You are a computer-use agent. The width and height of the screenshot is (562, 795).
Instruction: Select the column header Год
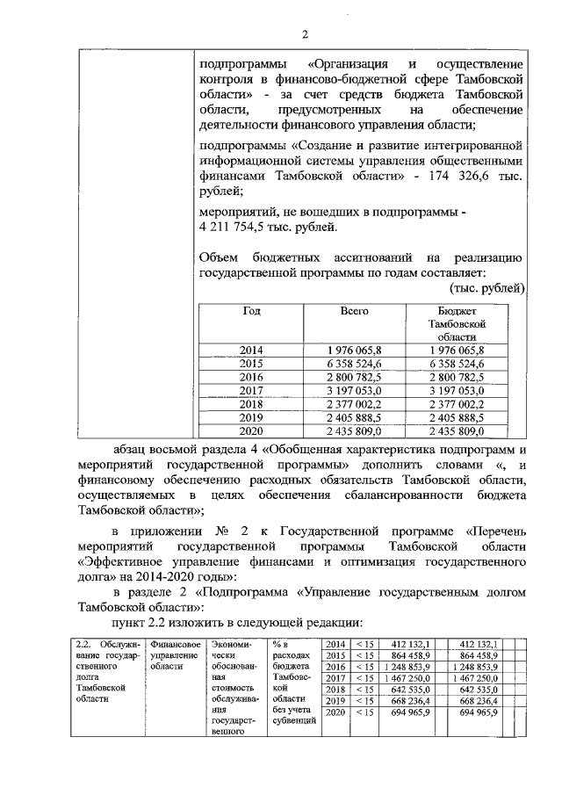251,311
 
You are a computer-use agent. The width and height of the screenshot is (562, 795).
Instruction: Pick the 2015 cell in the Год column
251,362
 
